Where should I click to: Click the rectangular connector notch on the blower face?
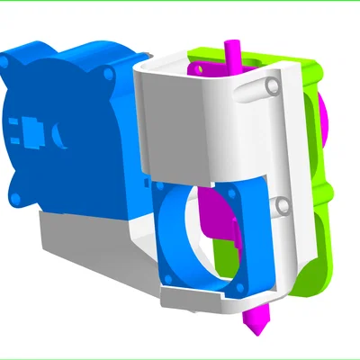[32, 133]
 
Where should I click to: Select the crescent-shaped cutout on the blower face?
[58, 137]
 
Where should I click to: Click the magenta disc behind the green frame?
[321, 117]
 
